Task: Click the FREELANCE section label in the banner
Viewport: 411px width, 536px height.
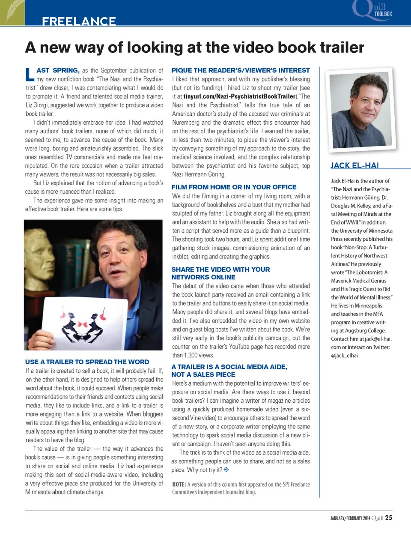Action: tap(79, 21)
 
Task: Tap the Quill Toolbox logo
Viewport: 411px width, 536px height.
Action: tap(372, 10)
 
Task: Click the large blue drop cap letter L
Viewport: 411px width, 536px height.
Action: tap(30, 75)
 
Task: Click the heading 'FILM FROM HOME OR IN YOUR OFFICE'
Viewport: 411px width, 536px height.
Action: tap(234, 187)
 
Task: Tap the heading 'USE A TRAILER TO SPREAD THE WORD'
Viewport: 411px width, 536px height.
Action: tap(87, 362)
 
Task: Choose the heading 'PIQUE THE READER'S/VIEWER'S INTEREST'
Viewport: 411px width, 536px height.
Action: tap(240, 70)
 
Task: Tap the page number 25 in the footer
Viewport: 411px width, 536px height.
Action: tap(388, 518)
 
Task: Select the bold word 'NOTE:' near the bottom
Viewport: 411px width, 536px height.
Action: tap(179, 485)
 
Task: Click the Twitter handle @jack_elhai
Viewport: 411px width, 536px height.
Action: tap(344, 356)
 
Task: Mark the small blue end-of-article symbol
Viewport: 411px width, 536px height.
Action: tap(226, 470)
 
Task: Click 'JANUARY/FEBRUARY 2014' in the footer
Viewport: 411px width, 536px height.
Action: tap(350, 518)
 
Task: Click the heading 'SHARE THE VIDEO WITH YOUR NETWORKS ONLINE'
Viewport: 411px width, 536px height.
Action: tap(220, 273)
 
